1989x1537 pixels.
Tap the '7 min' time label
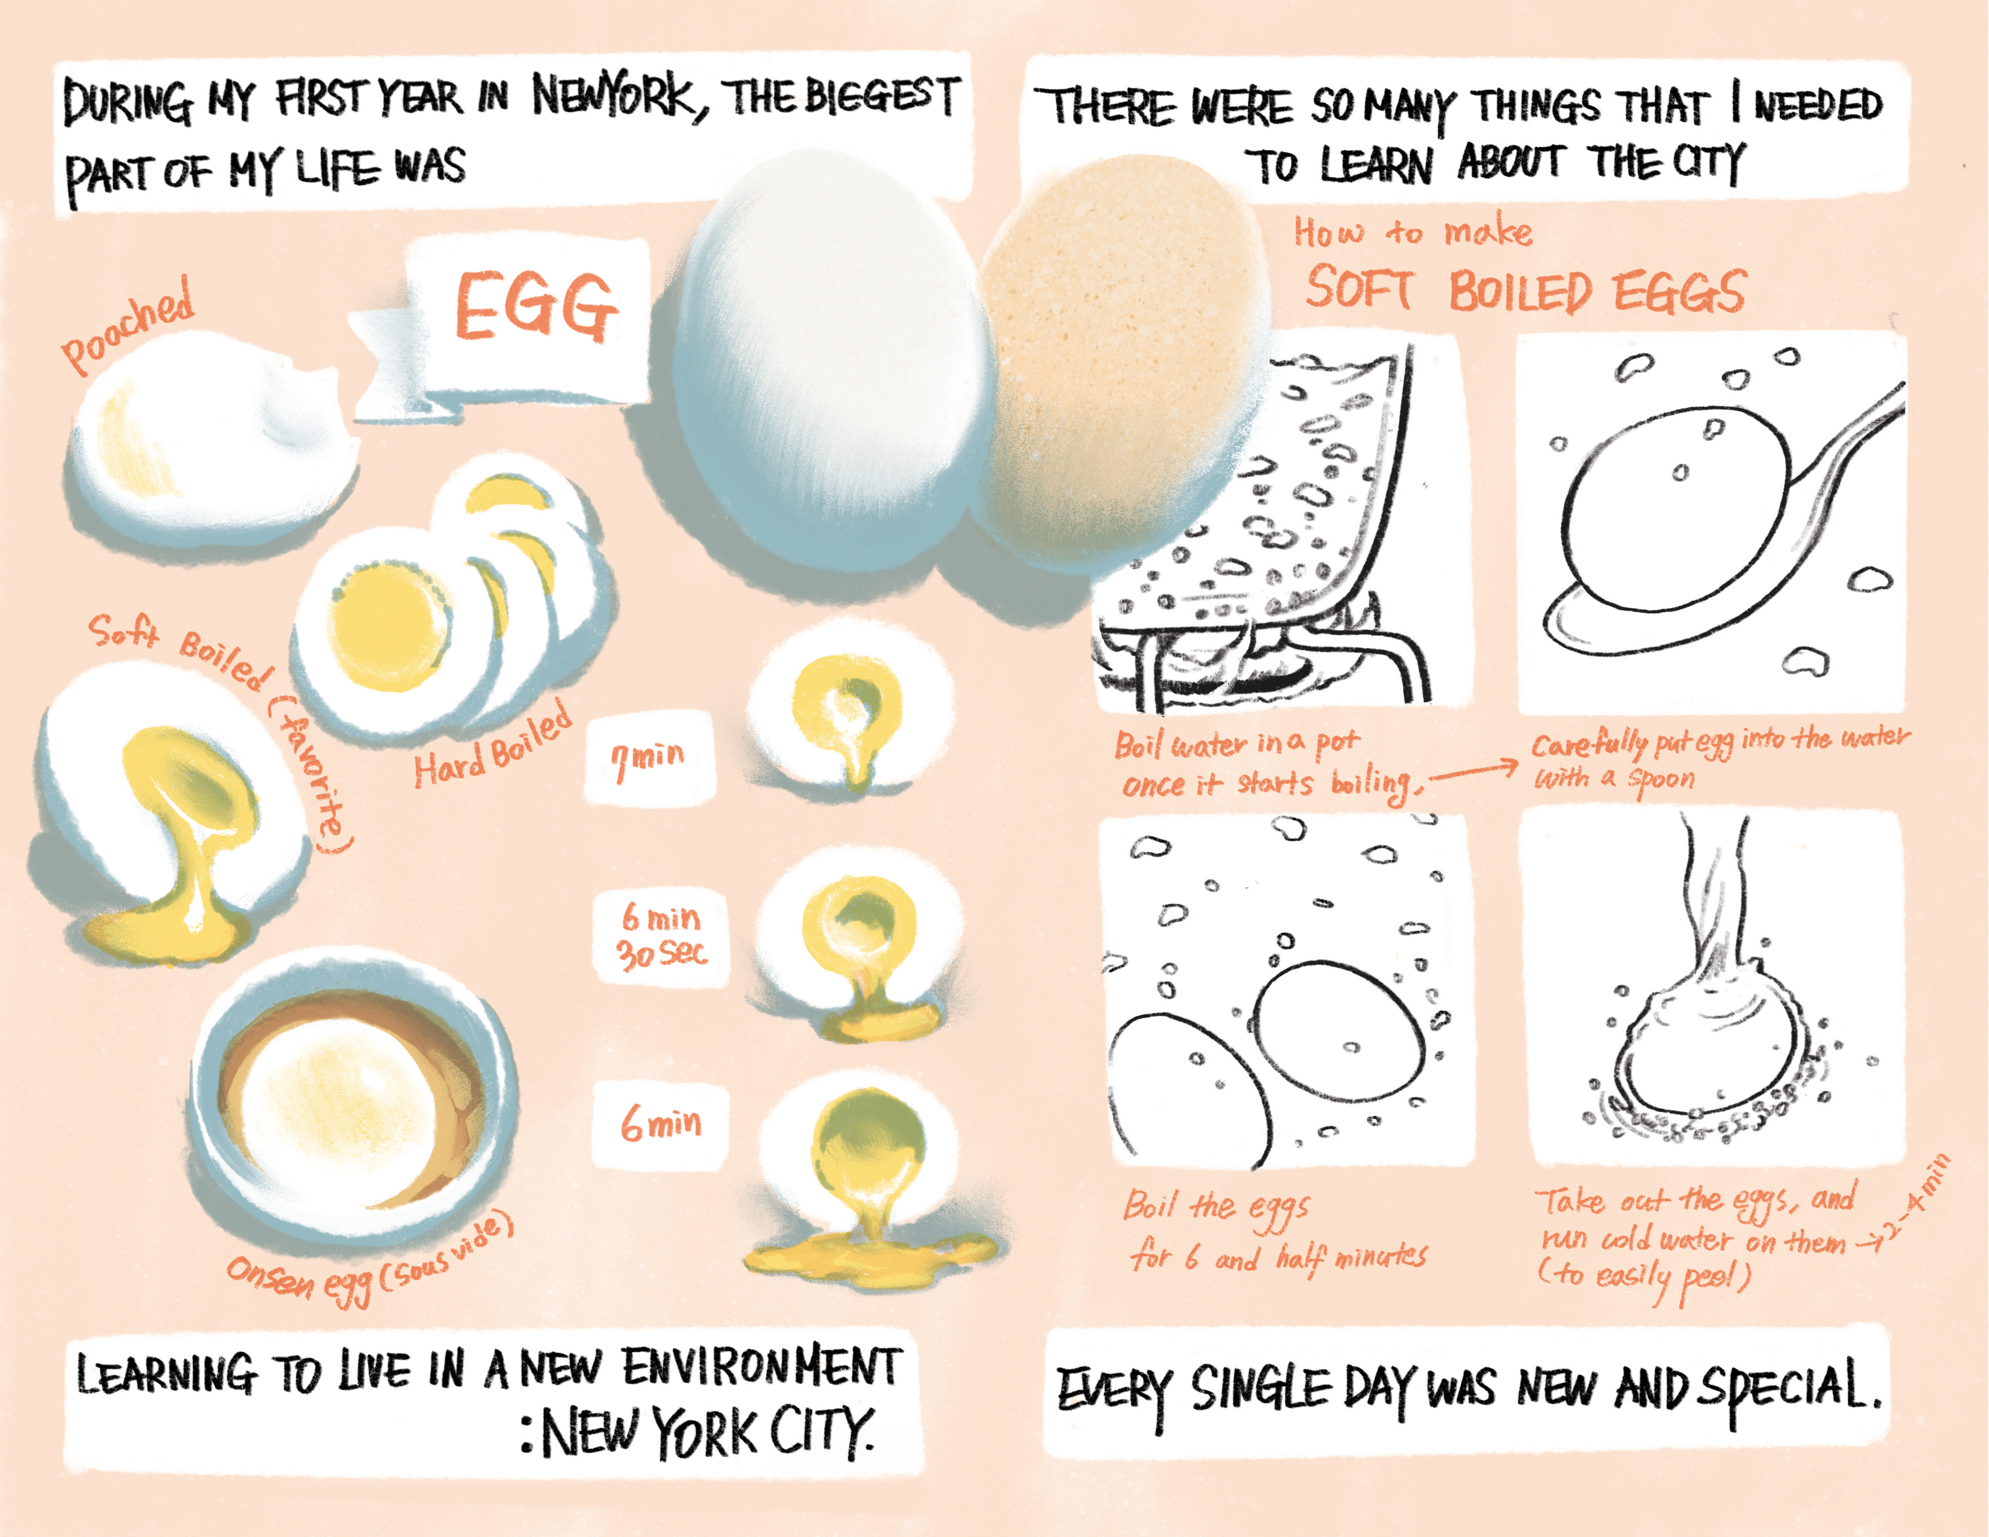647,760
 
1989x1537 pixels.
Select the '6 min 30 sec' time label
662,935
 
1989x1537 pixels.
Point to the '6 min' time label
661,1124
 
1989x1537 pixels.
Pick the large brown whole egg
1120,359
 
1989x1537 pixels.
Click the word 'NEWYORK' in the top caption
612,96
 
